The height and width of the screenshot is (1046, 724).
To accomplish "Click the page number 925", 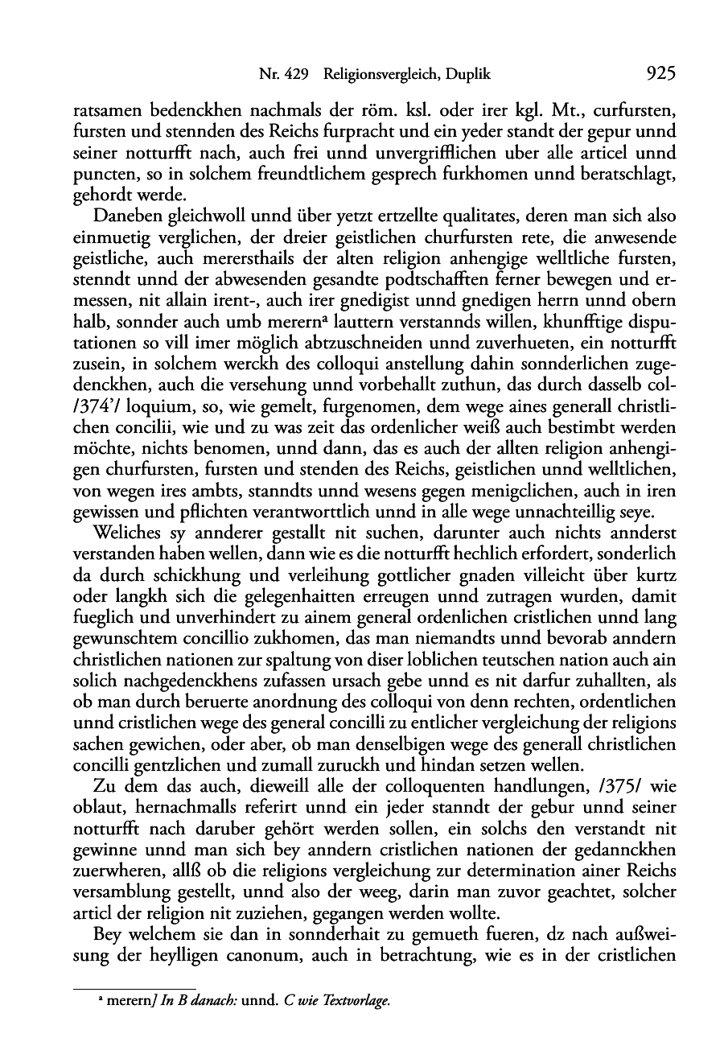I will [660, 75].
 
